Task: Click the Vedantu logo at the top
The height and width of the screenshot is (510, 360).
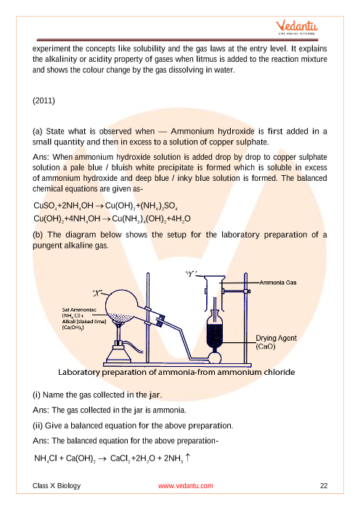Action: click(x=297, y=28)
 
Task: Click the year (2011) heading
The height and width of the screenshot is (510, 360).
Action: click(x=44, y=101)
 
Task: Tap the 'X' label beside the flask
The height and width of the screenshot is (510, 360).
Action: click(x=97, y=294)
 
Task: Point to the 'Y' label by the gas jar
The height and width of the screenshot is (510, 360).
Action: click(x=191, y=275)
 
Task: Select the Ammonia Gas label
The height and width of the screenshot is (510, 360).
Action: click(x=278, y=283)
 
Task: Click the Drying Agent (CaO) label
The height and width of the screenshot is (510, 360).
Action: click(x=276, y=342)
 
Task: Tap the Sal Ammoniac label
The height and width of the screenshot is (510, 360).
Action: click(x=79, y=310)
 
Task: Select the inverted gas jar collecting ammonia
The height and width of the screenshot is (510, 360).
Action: click(x=214, y=293)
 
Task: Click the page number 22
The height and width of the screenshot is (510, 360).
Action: click(x=324, y=485)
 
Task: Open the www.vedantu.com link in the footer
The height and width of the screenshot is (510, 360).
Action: click(x=186, y=485)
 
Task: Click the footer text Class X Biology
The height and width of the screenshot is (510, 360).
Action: click(x=57, y=485)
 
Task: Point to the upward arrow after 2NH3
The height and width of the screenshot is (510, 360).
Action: click(x=187, y=458)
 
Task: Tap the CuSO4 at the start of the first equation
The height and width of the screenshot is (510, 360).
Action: click(x=45, y=206)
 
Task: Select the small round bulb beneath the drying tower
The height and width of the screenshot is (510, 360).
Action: click(x=214, y=357)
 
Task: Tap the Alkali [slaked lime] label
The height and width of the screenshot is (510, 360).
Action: click(x=84, y=321)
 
